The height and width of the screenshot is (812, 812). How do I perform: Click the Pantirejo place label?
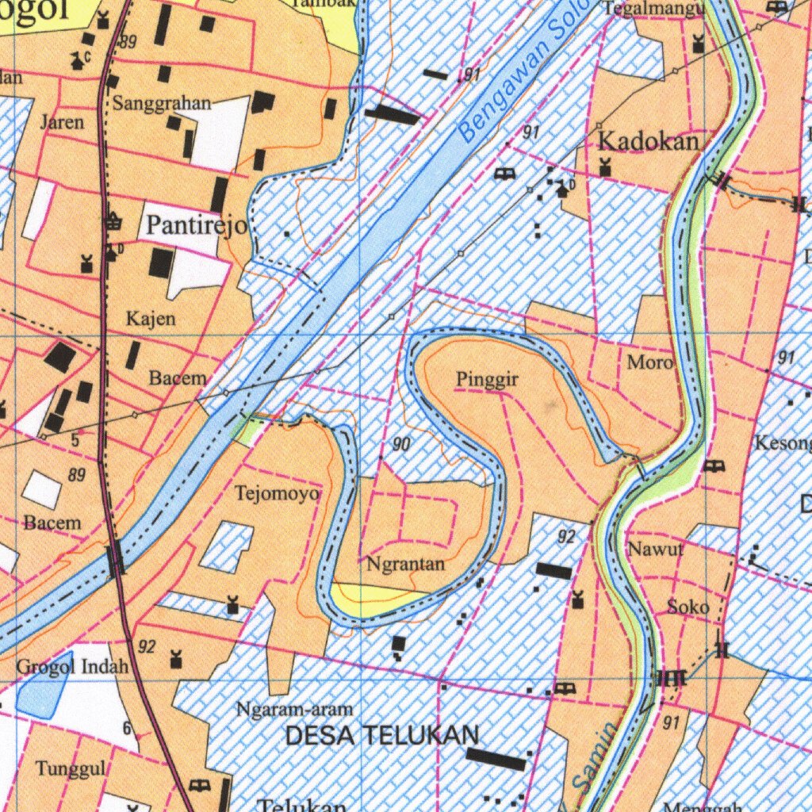coord(197,226)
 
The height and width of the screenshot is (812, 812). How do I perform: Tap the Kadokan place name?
coord(649,142)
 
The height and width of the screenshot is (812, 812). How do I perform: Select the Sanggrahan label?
coord(162,103)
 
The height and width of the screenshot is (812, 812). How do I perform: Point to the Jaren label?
coord(62,123)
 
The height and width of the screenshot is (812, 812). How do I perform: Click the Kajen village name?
coord(151,319)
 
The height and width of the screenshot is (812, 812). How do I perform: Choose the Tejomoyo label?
coord(278,494)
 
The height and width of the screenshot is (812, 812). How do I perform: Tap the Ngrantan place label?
coord(405,565)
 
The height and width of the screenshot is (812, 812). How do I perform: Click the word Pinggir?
coord(487,380)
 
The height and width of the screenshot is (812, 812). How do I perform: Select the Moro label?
coord(650,362)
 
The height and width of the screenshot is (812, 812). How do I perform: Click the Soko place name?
coord(688,607)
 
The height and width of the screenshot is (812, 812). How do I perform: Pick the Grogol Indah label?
coord(72,666)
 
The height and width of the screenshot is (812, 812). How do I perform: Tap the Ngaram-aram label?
coord(294,709)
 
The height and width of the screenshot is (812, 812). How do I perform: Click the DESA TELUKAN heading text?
coord(381,735)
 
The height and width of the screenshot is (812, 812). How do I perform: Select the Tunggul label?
coord(71,768)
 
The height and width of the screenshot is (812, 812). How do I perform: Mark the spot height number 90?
coord(401,445)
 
